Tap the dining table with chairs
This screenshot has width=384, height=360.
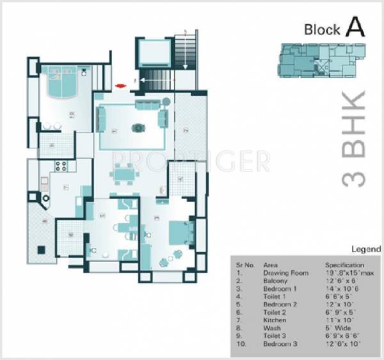pos(122,173)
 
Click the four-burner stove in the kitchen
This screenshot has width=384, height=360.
pos(61,167)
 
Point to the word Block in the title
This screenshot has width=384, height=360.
pos(323,29)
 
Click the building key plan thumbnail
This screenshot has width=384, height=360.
pos(322,60)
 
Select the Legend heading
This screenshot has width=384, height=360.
pos(366,249)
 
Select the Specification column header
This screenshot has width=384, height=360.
pos(344,265)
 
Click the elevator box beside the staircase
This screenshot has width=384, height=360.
pos(154,52)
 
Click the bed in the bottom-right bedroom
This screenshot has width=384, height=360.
pos(179,231)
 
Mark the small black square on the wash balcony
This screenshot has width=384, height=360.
pos(40,249)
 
